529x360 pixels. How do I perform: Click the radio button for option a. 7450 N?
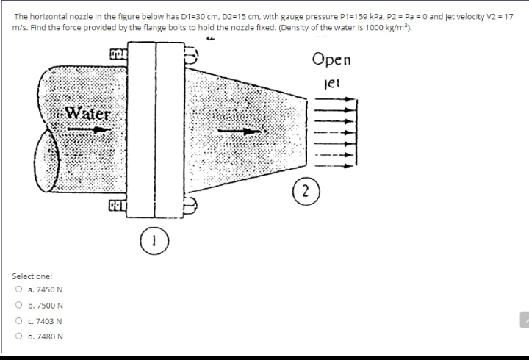[x=17, y=290]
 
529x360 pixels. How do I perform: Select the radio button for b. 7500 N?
[x=17, y=305]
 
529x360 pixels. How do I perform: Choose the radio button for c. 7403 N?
[x=17, y=321]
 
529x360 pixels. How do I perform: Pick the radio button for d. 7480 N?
[x=17, y=336]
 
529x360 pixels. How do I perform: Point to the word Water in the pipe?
[x=87, y=114]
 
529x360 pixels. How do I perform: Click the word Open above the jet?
[x=331, y=59]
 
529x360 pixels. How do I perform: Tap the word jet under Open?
[x=332, y=82]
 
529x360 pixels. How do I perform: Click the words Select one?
[x=32, y=276]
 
